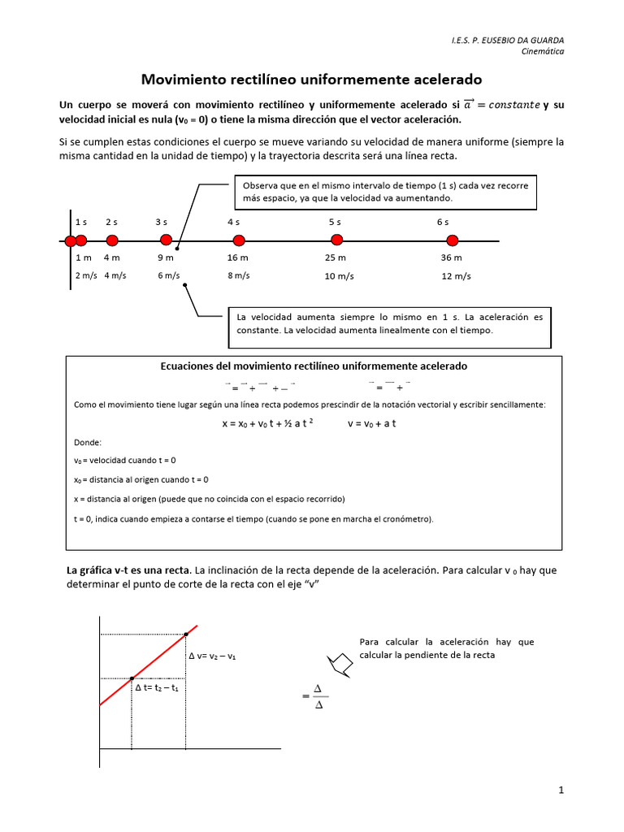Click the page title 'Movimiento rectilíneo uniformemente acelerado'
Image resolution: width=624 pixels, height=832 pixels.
(x=312, y=80)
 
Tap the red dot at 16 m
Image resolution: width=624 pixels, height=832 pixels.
(x=239, y=240)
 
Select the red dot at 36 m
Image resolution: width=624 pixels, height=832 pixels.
(x=452, y=240)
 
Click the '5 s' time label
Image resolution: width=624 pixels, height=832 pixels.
(x=336, y=222)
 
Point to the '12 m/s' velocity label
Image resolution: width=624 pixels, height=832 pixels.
(x=456, y=276)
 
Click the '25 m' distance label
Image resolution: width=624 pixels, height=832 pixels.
(x=336, y=258)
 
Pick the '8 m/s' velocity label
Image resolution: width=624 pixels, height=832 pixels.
(x=239, y=275)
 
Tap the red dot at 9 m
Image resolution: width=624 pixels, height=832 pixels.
(x=166, y=240)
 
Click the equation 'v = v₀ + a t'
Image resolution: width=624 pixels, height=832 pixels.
(x=371, y=423)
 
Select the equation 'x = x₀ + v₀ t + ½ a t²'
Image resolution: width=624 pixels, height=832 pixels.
(x=268, y=423)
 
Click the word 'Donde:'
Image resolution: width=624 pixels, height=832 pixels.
(x=87, y=443)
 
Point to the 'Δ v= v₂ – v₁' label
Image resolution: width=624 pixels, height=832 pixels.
(x=212, y=656)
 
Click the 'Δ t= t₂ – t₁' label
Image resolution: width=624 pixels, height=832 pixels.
(x=157, y=688)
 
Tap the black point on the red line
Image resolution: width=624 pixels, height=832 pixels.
(x=132, y=678)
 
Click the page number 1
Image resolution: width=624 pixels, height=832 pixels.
(x=561, y=790)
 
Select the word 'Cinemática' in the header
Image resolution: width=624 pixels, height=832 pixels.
(x=542, y=51)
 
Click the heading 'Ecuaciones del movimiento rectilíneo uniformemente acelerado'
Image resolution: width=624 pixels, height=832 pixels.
(x=314, y=366)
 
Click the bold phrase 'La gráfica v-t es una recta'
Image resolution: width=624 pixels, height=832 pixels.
(x=128, y=570)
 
